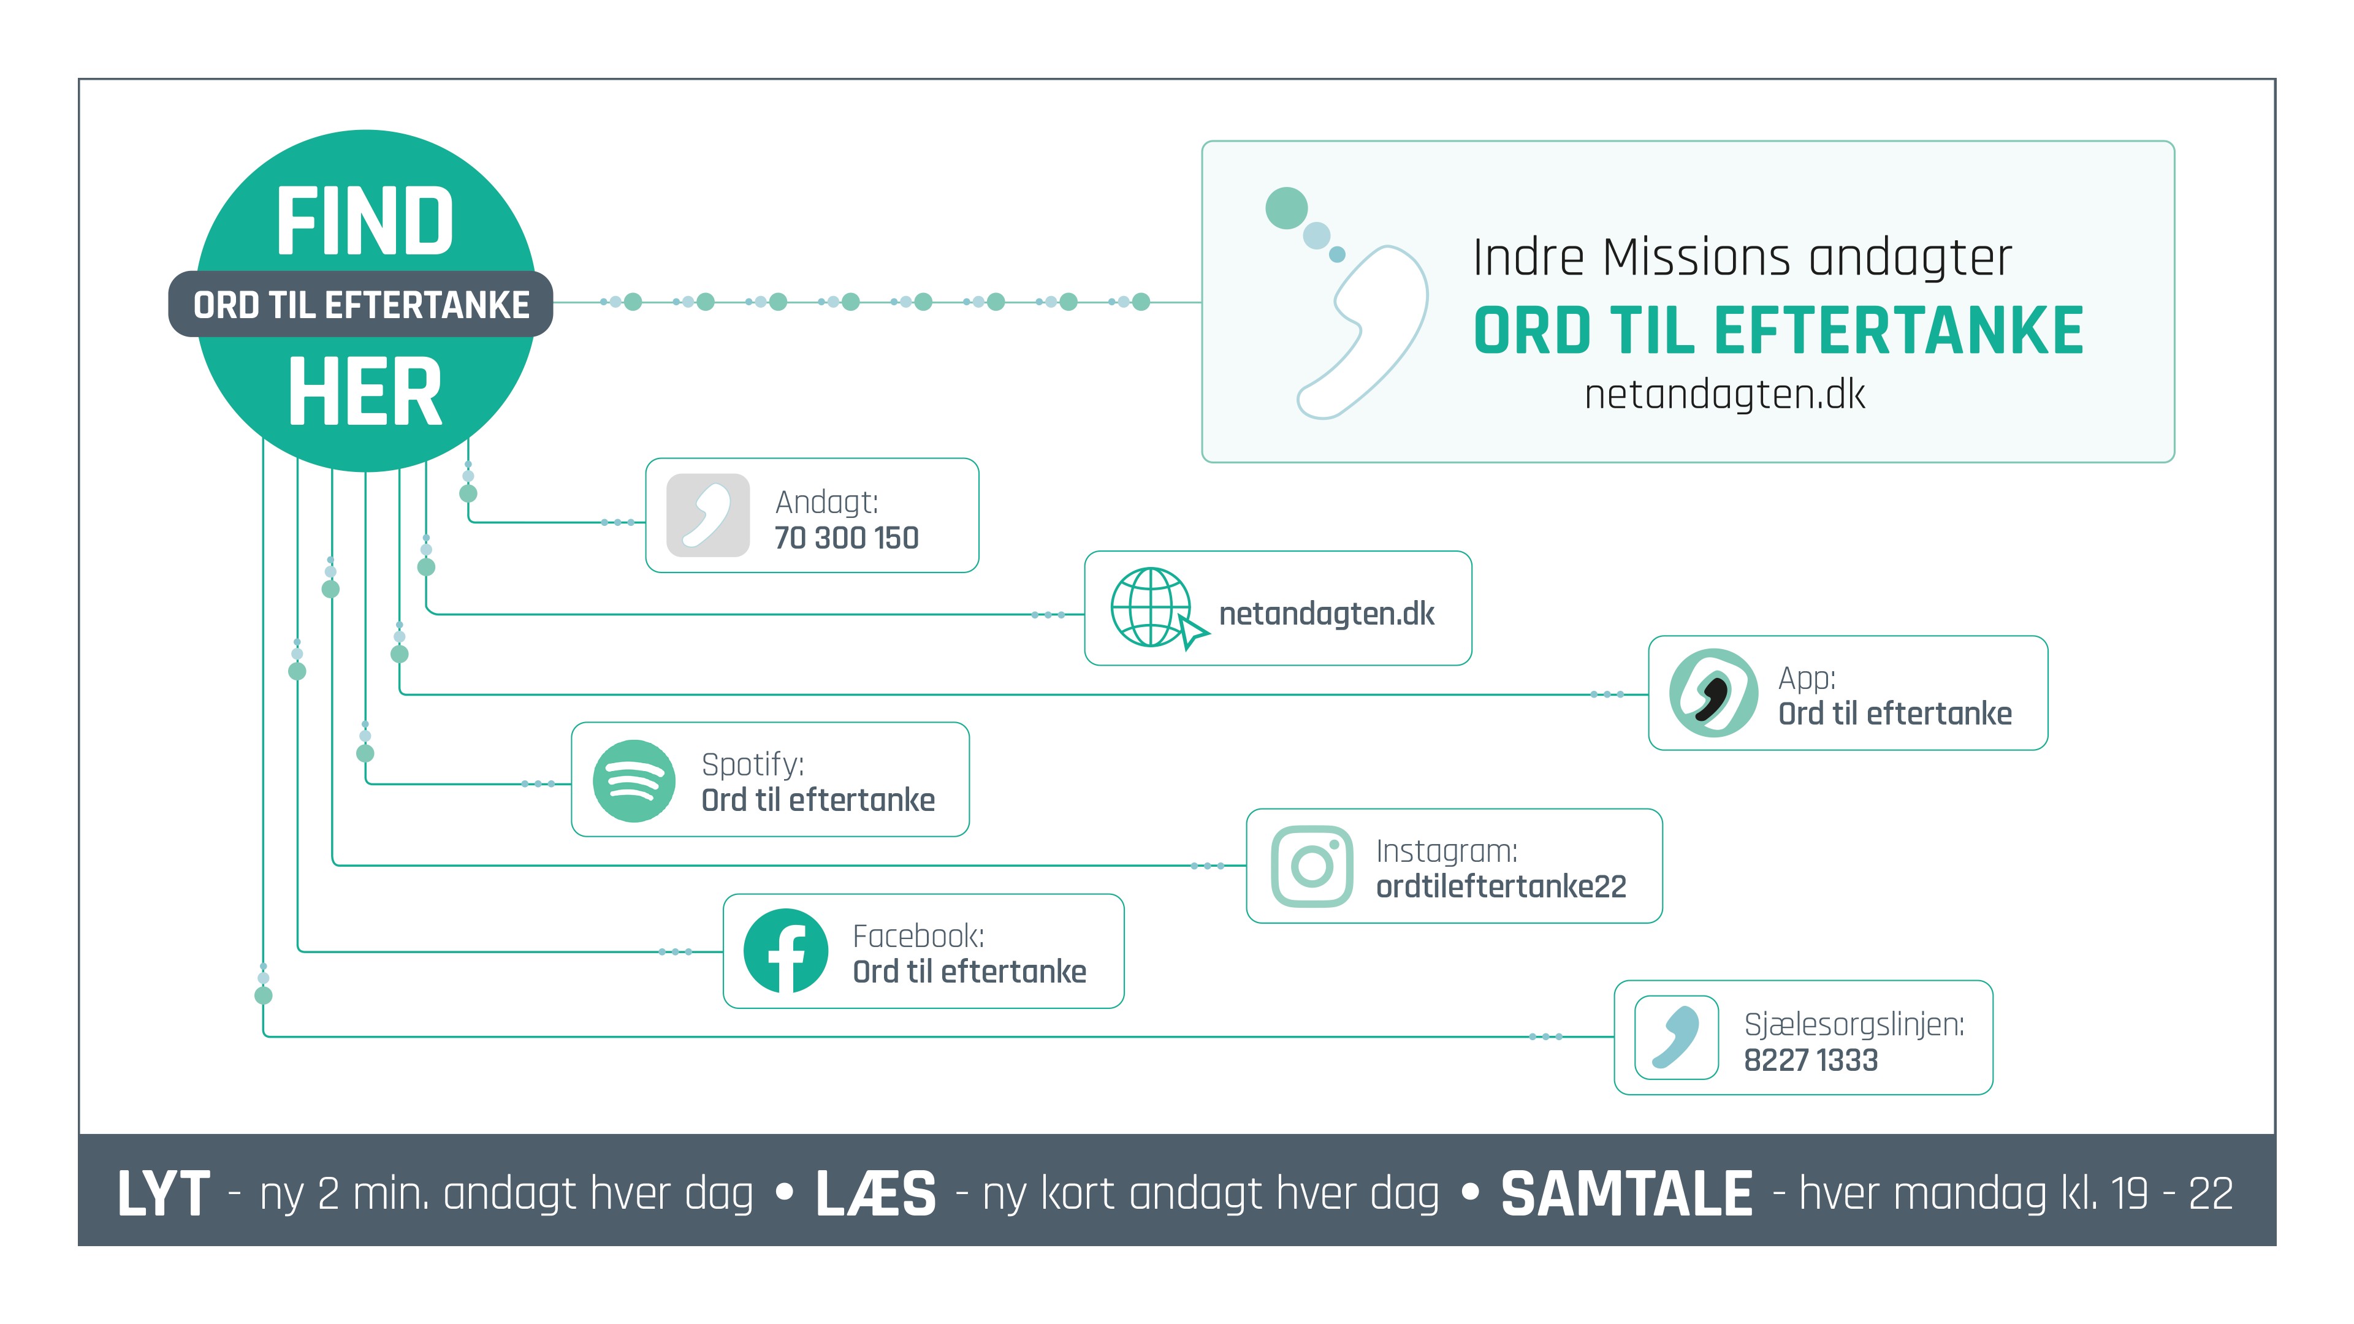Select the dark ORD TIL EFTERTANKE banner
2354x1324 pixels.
(361, 304)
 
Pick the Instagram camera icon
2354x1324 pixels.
(1312, 866)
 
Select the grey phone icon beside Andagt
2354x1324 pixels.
(708, 516)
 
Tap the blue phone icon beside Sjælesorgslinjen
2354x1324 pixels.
(1677, 1037)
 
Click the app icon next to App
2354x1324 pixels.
(1713, 693)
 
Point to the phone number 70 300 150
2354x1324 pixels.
(846, 538)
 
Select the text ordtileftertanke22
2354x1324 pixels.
(1501, 886)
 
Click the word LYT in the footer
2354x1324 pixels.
(164, 1193)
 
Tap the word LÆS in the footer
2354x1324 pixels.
(875, 1193)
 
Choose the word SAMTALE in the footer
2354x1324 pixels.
(1626, 1193)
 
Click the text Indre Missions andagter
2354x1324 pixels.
(1742, 257)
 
